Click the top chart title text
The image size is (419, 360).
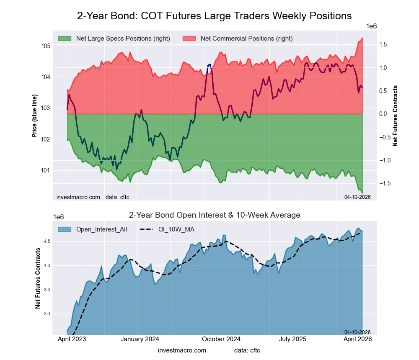coord(214,16)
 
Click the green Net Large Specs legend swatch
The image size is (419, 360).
coord(65,39)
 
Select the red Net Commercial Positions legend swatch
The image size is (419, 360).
coord(189,39)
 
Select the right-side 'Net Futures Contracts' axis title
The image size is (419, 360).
coord(395,116)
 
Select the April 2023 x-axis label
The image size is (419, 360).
coord(71,339)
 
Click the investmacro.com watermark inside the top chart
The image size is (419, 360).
coord(78,197)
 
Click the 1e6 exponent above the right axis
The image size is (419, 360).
coord(372,26)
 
